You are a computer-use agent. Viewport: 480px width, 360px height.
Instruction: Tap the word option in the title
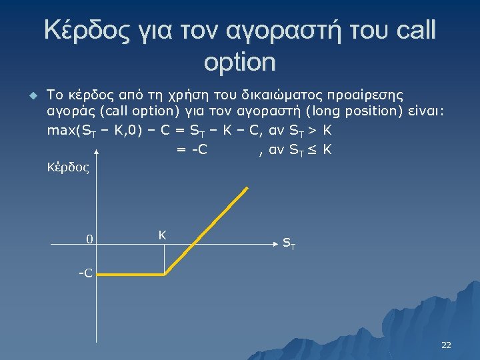pos(239,62)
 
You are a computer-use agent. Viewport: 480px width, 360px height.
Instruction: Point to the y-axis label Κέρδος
pos(67,167)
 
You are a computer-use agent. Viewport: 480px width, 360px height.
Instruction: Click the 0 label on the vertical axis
pos(88,240)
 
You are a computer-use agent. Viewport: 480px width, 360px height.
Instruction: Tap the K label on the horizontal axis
pos(162,235)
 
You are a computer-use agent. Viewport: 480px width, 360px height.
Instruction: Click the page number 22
pos(446,345)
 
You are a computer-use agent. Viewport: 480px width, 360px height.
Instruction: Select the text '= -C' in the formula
pos(191,149)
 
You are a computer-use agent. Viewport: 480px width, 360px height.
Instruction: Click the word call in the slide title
pos(409,31)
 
